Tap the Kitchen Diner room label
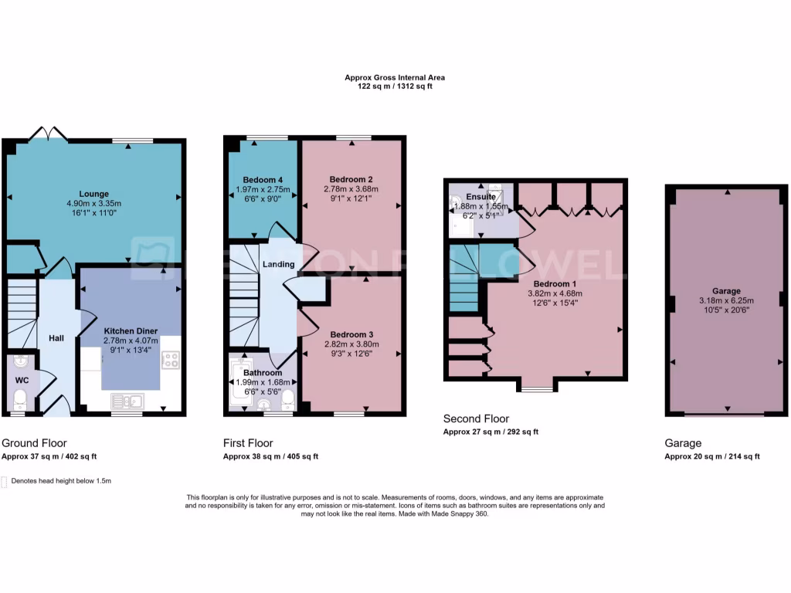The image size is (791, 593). click(x=131, y=330)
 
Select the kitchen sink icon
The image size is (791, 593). click(x=127, y=400)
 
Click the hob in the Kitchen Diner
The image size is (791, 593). click(x=171, y=359)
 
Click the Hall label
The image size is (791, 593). click(x=57, y=338)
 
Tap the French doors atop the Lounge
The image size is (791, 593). click(x=47, y=134)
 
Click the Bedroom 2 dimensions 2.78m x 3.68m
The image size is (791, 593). click(x=351, y=188)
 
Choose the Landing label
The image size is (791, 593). click(x=278, y=264)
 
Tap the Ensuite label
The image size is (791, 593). click(x=480, y=197)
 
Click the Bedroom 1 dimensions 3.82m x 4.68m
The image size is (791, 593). click(x=554, y=293)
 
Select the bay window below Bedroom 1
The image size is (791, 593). click(x=531, y=388)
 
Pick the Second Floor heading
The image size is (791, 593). click(x=476, y=418)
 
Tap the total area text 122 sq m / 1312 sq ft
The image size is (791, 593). click(x=394, y=86)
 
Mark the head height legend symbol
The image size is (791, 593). click(x=5, y=481)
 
